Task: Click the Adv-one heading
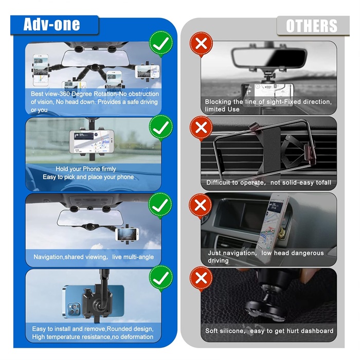click(51, 24)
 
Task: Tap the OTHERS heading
click(312, 26)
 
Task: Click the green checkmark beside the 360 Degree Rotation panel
click(160, 43)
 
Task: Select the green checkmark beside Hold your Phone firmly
click(160, 128)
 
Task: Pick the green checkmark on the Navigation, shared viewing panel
click(160, 205)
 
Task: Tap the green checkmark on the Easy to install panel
click(160, 278)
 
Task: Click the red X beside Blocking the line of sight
click(201, 44)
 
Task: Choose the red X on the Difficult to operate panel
click(201, 128)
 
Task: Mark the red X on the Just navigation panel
click(201, 206)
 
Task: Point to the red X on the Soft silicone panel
click(201, 278)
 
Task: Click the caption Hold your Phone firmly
click(86, 169)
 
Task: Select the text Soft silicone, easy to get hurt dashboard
click(269, 331)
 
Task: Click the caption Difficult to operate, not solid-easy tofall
click(268, 183)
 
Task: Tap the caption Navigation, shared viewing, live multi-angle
click(94, 257)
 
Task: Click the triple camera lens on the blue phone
click(74, 309)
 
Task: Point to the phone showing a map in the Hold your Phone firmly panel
click(92, 142)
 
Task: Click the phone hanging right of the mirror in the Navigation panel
click(127, 235)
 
